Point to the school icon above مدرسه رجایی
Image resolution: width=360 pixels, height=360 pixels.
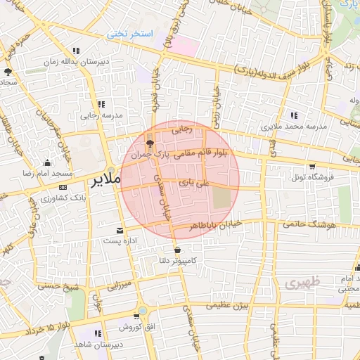[x=103, y=104]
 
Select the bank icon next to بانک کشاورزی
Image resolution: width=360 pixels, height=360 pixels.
[x=63, y=188]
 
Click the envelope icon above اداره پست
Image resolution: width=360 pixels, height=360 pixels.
[x=119, y=230]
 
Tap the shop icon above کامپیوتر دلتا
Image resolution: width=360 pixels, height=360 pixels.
[x=176, y=250]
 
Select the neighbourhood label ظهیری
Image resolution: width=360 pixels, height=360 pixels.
[x=303, y=283]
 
